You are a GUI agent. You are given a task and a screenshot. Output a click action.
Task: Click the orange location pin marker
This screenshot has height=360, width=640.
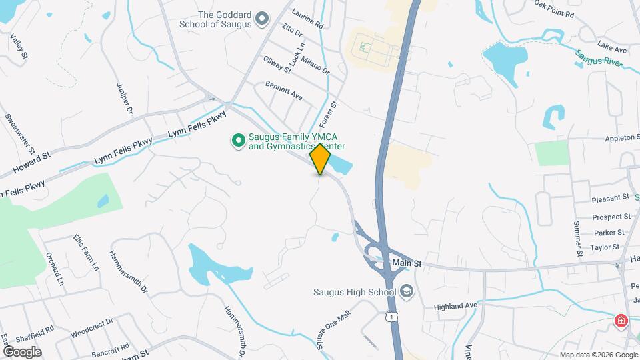[x=321, y=159]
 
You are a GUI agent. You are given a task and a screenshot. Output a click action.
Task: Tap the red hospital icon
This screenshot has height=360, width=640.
[x=621, y=322]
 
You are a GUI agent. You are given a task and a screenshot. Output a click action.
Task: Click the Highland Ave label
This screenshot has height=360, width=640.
[x=456, y=306]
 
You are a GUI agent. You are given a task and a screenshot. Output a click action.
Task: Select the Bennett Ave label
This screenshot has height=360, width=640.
[x=284, y=92]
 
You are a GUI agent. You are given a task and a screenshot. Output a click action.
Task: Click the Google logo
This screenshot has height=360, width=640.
[x=22, y=351]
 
